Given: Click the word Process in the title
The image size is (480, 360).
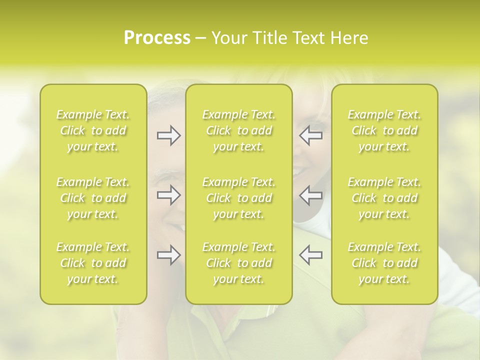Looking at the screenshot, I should pos(157,38).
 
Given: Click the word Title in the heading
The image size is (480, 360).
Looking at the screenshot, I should pos(265,38).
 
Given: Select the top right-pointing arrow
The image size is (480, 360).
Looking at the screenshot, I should pos(168,135).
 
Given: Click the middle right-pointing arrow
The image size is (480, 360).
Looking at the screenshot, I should pos(168,195).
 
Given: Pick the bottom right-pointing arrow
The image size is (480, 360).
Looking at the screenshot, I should pos(168,255).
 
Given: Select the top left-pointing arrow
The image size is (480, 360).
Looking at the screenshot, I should pos(310,135).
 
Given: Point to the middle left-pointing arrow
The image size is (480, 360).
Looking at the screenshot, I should pos(310,195).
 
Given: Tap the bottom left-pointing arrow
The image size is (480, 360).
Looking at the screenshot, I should pos(310,255).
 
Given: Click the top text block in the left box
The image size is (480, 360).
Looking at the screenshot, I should pos(93,130).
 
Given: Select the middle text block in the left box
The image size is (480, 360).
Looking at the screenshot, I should pos(93,198).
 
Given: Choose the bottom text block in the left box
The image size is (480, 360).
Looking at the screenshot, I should pos(93,263).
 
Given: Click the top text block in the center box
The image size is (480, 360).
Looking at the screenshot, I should pos(239,130).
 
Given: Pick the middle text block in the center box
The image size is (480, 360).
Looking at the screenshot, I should pos(239,198).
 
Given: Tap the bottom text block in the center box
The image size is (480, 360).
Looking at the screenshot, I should pos(239,263).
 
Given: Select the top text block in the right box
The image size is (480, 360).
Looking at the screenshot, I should pos(384,130).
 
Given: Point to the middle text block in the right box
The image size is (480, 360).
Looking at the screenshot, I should pos(384,198).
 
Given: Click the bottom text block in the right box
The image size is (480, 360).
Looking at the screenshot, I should pos(384,263).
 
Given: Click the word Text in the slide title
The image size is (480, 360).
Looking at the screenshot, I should pos(307,38).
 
